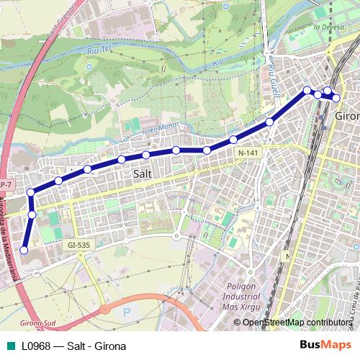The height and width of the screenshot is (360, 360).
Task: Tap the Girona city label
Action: coord(347,116)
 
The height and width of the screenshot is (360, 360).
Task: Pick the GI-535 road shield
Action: coord(78,245)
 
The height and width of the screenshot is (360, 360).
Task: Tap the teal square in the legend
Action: coord(9,346)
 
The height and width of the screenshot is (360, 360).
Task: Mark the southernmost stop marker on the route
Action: coord(24,250)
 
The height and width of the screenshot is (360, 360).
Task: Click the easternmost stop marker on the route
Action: coord(336,97)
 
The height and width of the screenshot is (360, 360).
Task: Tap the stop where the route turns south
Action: coord(30,192)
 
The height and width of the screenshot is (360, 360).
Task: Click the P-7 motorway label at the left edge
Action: coord(4,184)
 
